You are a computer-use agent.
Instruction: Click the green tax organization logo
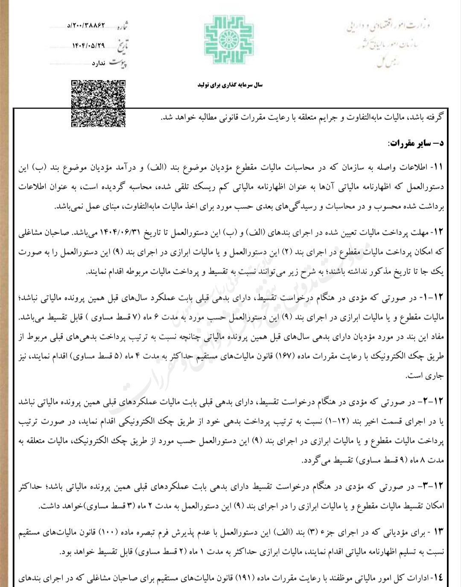(x=229, y=40)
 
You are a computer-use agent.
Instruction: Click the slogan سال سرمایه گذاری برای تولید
(x=230, y=85)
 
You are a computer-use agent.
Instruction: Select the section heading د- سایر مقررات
(x=415, y=143)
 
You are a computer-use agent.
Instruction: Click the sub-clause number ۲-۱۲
(x=434, y=402)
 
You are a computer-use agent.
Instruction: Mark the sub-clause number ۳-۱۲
(x=434, y=486)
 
